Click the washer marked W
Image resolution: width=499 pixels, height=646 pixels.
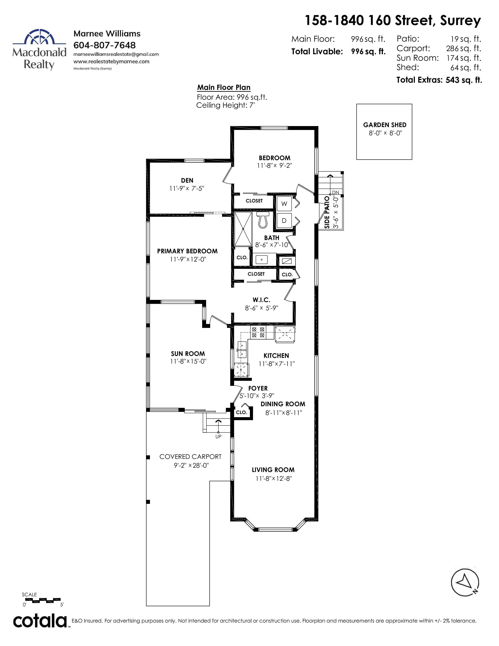click(284, 204)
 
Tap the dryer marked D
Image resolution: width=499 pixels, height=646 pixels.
click(284, 220)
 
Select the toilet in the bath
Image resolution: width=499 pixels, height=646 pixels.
click(262, 220)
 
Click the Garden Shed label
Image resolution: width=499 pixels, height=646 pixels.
click(385, 125)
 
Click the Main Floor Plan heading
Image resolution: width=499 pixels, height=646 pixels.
click(224, 88)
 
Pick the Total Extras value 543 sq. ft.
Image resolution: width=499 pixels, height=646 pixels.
click(464, 80)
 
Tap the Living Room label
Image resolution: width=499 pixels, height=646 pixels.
click(273, 470)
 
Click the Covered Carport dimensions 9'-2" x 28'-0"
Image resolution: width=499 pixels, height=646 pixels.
click(191, 465)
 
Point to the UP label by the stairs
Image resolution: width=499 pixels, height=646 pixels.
click(218, 437)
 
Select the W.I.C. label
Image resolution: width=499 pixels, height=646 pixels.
click(261, 300)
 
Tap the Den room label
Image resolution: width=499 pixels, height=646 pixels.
click(187, 180)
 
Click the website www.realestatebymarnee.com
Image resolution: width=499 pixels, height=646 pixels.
click(112, 61)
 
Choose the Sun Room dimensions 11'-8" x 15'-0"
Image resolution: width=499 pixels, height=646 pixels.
click(188, 361)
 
